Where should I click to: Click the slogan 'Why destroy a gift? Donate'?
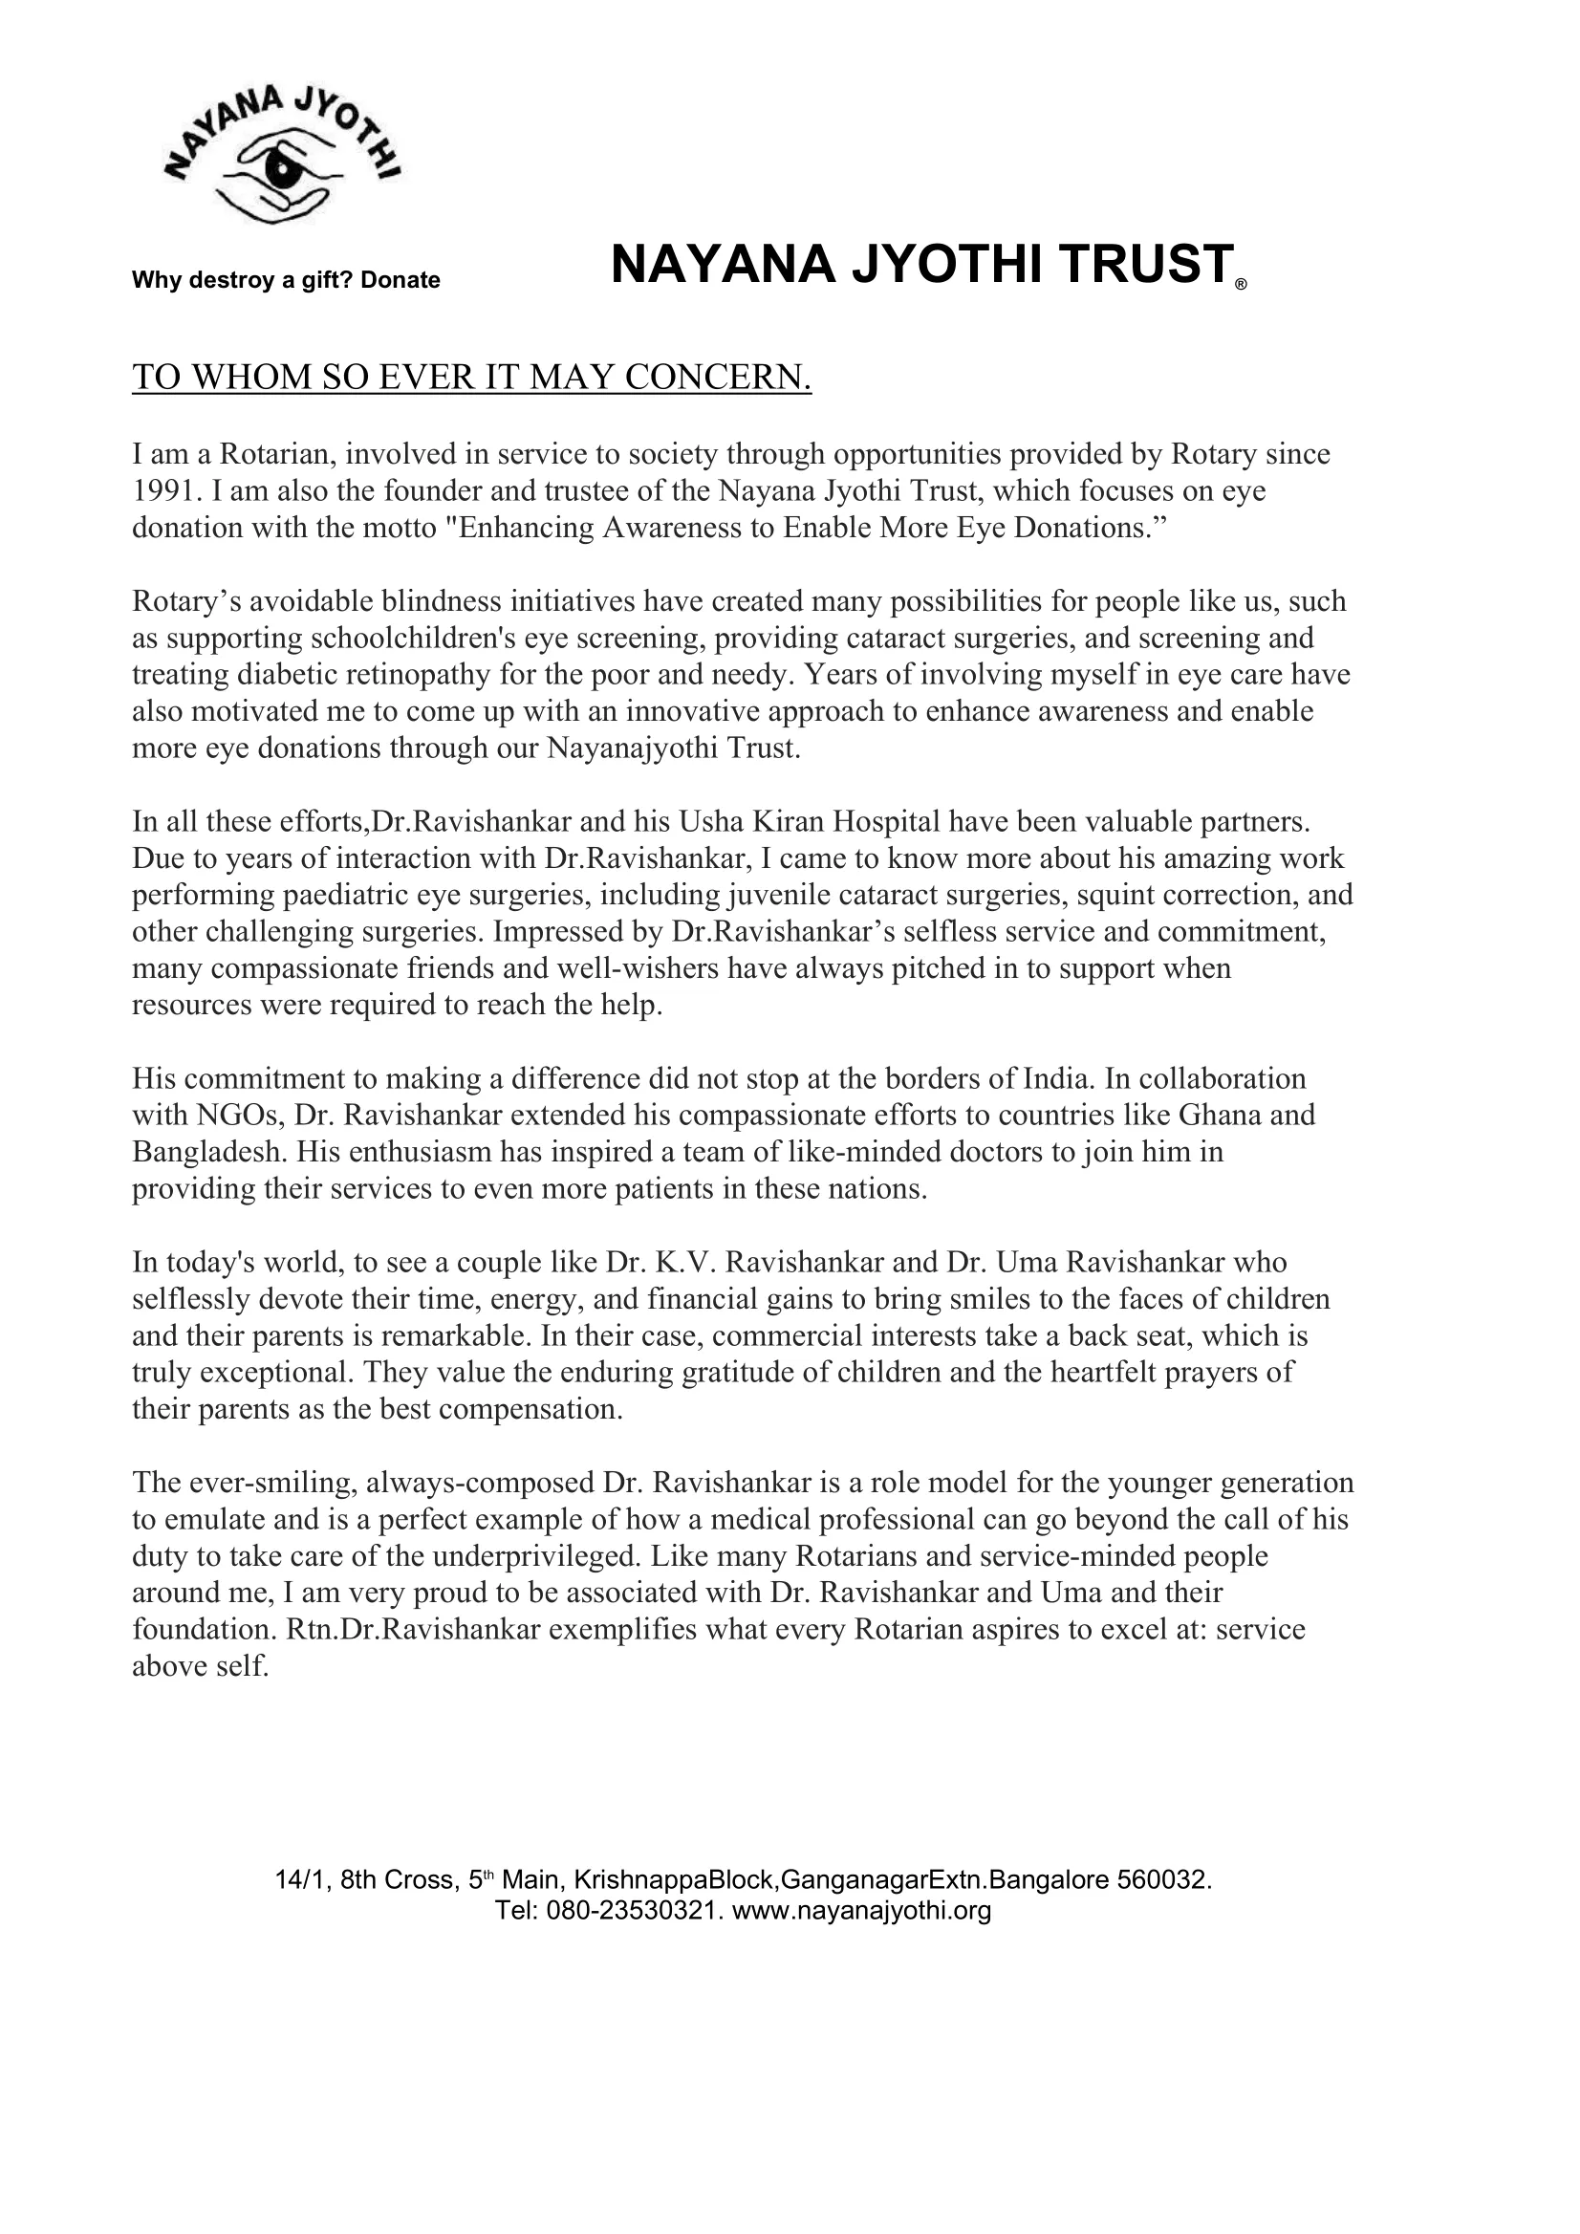286,280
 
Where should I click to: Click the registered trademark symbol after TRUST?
1240,286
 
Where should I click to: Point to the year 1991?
162,490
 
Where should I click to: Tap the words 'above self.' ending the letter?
200,1667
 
